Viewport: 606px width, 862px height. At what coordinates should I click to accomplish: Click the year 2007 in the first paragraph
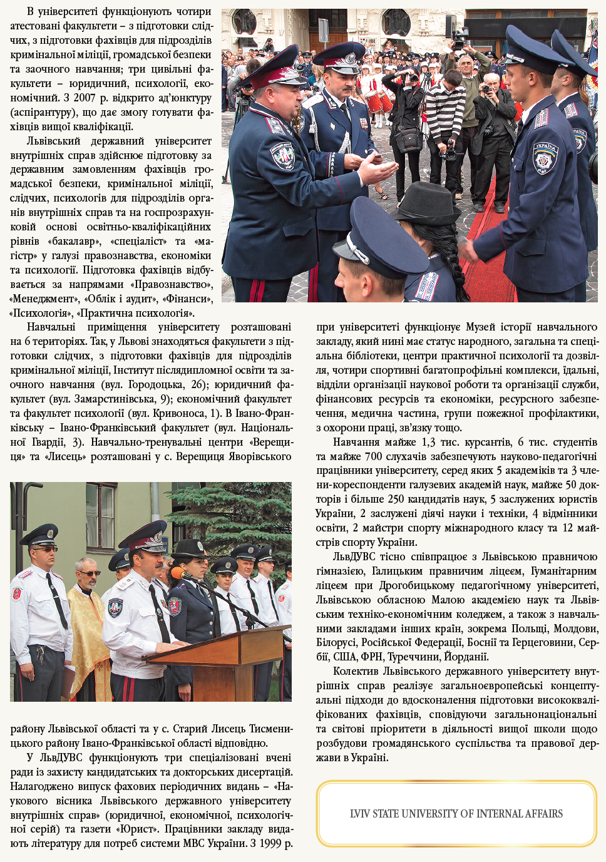coord(85,98)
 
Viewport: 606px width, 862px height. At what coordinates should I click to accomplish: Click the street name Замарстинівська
coord(116,399)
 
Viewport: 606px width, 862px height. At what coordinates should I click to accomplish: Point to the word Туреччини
coord(413,657)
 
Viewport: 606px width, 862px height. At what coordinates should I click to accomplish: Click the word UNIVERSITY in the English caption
coord(429,814)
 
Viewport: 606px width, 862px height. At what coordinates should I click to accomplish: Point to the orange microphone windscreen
coord(178,573)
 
